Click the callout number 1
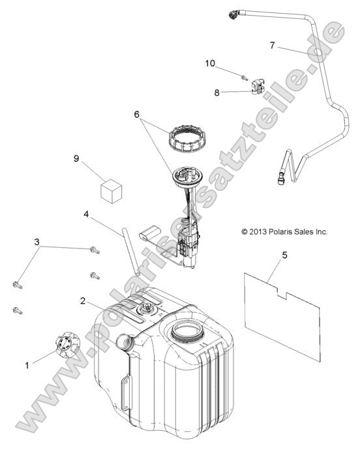pyautogui.click(x=27, y=365)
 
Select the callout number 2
pyautogui.click(x=83, y=301)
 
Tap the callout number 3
pyautogui.click(x=37, y=242)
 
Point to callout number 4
pyautogui.click(x=86, y=215)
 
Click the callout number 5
pyautogui.click(x=284, y=255)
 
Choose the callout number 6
pyautogui.click(x=137, y=115)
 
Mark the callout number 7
pyautogui.click(x=272, y=46)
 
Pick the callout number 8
pyautogui.click(x=217, y=93)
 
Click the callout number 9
pyautogui.click(x=76, y=158)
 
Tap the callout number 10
pyautogui.click(x=210, y=63)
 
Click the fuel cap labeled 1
pyautogui.click(x=67, y=345)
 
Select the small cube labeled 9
pyautogui.click(x=111, y=191)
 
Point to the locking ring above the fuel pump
pyautogui.click(x=185, y=138)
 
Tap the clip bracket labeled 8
pyautogui.click(x=258, y=87)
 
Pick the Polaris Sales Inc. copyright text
pyautogui.click(x=284, y=232)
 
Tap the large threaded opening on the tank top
pyautogui.click(x=188, y=332)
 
